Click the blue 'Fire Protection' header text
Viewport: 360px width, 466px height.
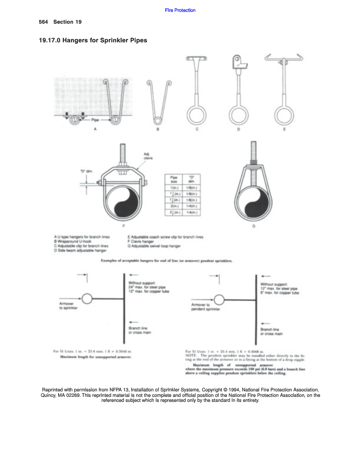click(180, 10)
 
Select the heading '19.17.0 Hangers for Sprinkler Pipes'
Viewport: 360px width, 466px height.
click(93, 41)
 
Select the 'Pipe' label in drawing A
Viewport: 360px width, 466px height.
click(95, 120)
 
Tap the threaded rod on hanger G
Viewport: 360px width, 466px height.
click(253, 153)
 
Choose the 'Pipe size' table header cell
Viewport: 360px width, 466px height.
click(174, 179)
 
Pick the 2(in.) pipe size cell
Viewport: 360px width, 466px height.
click(174, 206)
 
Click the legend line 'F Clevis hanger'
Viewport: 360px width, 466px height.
click(142, 242)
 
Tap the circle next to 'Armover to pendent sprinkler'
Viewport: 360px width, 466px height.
click(219, 299)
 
